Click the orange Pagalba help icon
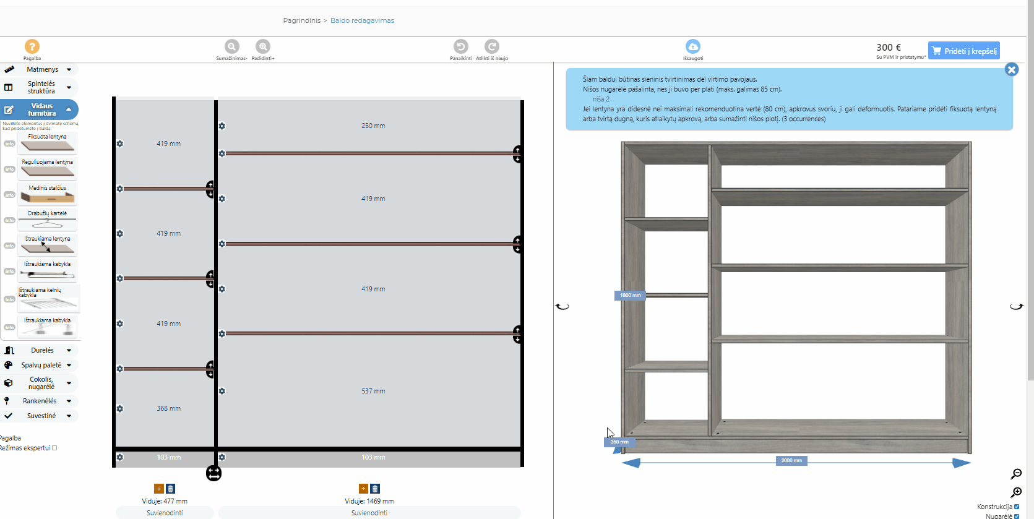(x=32, y=46)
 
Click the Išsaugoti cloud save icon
(x=693, y=46)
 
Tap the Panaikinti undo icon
(x=460, y=46)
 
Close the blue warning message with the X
(x=1012, y=70)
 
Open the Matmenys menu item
(x=42, y=69)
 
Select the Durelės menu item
(x=42, y=350)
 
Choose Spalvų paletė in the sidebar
(x=41, y=365)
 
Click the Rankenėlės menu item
(x=40, y=401)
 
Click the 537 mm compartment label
(x=373, y=391)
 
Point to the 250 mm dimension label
(x=373, y=126)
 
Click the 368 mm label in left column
(x=168, y=408)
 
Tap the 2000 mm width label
(x=791, y=460)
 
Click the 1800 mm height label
(x=630, y=295)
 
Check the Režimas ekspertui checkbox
(x=54, y=448)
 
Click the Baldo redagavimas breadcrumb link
(x=362, y=20)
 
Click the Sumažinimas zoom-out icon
(x=231, y=46)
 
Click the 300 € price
(x=889, y=48)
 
